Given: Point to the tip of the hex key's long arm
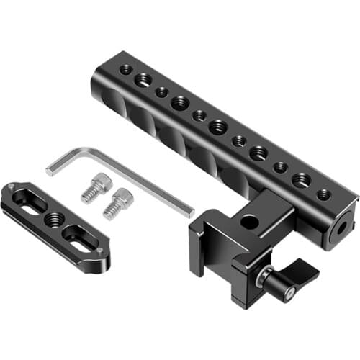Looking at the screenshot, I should [x=191, y=212].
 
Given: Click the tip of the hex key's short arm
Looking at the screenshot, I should [x=50, y=171].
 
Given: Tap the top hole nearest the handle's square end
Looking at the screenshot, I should [x=323, y=194].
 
